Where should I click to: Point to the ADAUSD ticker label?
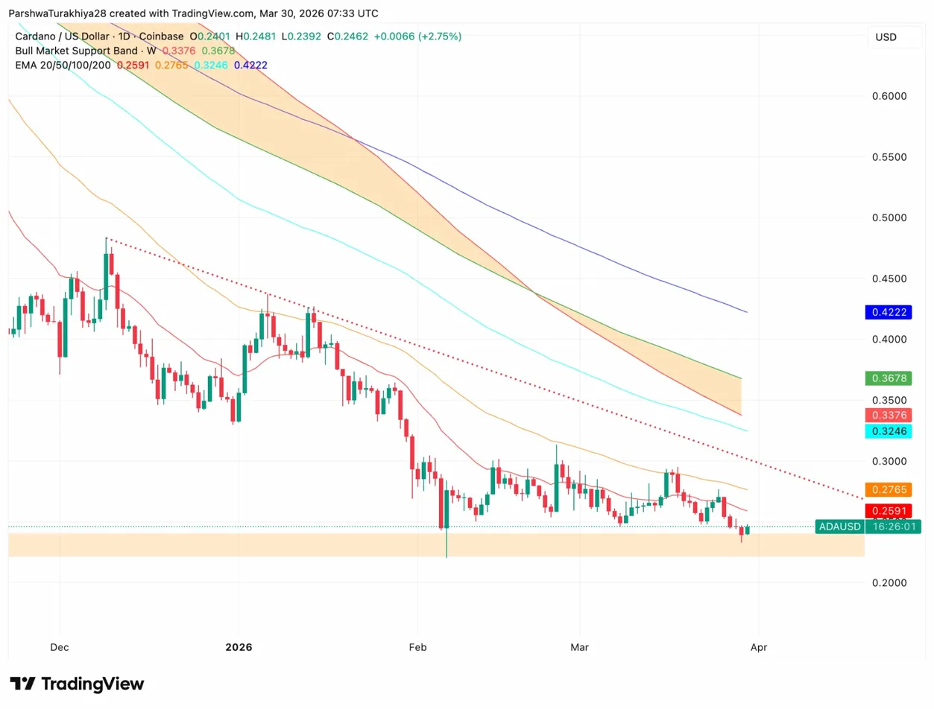pos(839,527)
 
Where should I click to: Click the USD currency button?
pos(886,37)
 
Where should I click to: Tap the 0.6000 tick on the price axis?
pos(889,97)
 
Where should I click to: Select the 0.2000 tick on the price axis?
pos(889,582)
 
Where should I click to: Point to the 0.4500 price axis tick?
pos(889,279)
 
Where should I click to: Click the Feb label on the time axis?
pos(417,647)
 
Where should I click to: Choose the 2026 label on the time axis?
pos(239,647)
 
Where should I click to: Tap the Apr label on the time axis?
pos(758,647)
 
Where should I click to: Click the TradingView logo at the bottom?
pos(77,684)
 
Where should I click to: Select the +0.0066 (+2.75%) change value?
pos(417,36)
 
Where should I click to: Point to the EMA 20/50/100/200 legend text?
pos(63,66)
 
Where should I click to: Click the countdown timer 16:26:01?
pos(892,527)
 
